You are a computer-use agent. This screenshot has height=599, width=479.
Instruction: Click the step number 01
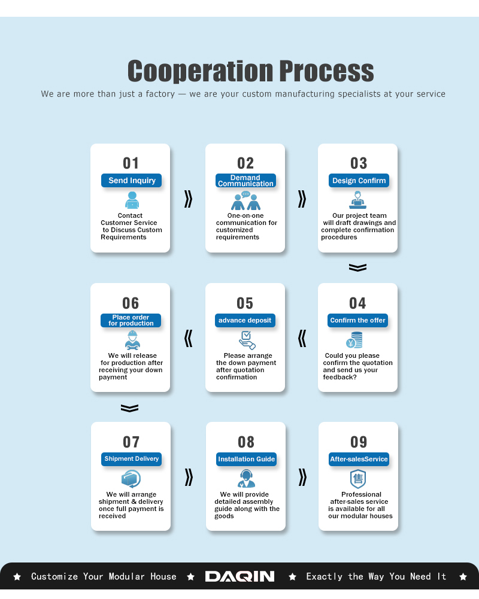click(131, 163)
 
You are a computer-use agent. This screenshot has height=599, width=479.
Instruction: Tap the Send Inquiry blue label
click(132, 180)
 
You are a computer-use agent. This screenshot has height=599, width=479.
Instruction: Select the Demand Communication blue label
click(245, 180)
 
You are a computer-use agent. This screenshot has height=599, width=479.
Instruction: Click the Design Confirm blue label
click(359, 180)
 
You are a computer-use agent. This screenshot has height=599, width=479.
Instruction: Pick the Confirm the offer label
click(358, 320)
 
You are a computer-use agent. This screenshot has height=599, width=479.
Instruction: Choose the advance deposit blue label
click(245, 320)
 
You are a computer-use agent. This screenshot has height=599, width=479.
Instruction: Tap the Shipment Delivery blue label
click(132, 459)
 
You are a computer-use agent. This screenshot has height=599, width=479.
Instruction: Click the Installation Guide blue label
click(246, 459)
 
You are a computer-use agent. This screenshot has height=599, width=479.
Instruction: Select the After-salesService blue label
click(359, 459)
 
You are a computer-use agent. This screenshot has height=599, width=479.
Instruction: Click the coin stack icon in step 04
click(354, 340)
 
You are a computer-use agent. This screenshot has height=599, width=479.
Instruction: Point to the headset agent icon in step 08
click(246, 478)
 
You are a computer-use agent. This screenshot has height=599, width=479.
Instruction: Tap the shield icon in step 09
click(358, 479)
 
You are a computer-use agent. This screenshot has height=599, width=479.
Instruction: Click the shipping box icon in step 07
click(131, 479)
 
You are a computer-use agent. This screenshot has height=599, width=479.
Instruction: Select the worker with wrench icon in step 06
click(132, 340)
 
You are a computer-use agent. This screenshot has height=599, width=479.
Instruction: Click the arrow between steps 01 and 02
click(188, 199)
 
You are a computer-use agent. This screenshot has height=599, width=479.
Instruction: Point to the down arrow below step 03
click(358, 267)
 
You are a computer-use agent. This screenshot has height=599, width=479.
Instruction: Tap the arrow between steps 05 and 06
click(188, 339)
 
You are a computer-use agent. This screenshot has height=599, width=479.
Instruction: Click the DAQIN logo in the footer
click(239, 576)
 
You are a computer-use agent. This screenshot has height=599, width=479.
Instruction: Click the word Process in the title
click(326, 71)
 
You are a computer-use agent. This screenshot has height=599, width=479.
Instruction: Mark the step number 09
click(359, 442)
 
